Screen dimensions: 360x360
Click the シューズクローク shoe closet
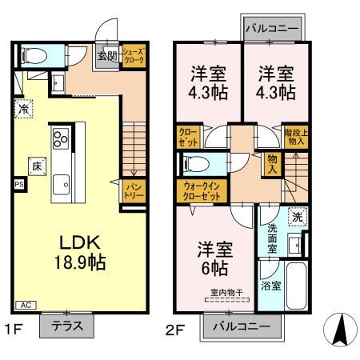point(132,57)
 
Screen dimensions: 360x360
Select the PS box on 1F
point(18,183)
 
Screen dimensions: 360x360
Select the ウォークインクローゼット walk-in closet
point(197,192)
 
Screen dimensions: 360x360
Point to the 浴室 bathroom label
point(270,286)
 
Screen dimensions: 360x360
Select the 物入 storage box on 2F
point(273,165)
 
